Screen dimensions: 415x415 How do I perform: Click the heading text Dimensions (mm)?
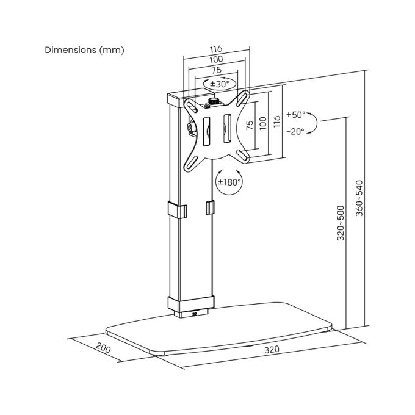[x=84, y=50]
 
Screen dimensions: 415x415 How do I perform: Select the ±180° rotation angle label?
[x=229, y=182]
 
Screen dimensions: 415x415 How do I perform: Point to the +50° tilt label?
[x=295, y=115]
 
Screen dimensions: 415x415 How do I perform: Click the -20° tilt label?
[x=295, y=131]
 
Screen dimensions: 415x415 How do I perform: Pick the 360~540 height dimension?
[x=359, y=198]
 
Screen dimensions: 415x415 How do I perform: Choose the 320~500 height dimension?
[x=341, y=223]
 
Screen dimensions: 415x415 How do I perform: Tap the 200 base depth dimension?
[x=103, y=347]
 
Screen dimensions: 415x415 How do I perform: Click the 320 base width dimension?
[x=272, y=350]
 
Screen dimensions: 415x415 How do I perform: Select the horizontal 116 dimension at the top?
[x=216, y=49]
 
